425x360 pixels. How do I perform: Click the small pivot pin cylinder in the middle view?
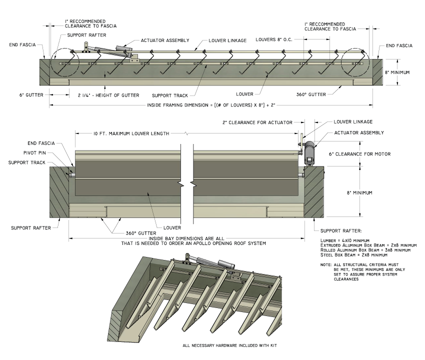(71, 174)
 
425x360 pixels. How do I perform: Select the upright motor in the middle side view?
(308, 151)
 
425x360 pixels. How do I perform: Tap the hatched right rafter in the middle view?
(314, 192)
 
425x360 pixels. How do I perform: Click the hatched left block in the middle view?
(59, 192)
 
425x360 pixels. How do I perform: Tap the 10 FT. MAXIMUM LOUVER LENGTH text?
(131, 134)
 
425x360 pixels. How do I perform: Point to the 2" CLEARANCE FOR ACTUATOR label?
(257, 122)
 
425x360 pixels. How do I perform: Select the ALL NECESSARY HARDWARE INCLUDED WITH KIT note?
(229, 345)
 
